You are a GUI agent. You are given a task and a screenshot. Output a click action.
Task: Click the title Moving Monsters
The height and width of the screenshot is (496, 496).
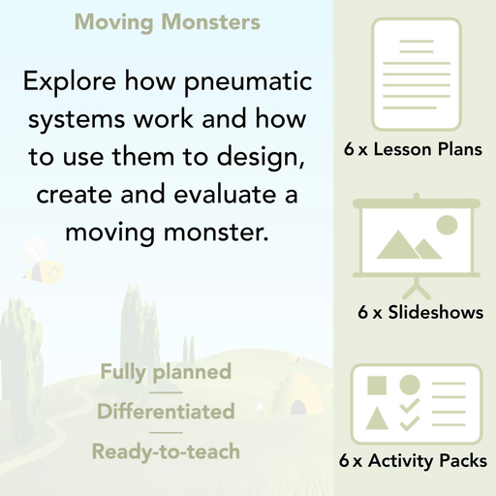pyautogui.click(x=167, y=21)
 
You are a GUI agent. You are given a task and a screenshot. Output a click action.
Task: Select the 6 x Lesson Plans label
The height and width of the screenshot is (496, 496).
pyautogui.click(x=413, y=150)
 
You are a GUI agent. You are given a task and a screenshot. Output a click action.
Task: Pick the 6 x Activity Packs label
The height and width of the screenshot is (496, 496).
pyautogui.click(x=414, y=461)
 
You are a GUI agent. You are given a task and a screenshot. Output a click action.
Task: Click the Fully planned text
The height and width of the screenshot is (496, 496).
pyautogui.click(x=166, y=372)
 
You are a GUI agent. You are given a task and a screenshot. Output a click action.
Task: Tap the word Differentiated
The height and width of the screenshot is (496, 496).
pyautogui.click(x=166, y=412)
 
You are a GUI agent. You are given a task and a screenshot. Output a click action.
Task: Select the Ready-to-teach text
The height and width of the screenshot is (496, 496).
pyautogui.click(x=166, y=451)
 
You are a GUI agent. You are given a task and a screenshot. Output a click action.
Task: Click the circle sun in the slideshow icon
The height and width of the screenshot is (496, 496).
pyautogui.click(x=447, y=227)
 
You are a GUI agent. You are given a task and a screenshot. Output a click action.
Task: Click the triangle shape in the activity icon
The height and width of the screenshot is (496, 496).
pyautogui.click(x=377, y=418)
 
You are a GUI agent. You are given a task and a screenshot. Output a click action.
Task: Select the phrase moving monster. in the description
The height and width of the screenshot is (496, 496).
pyautogui.click(x=166, y=232)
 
